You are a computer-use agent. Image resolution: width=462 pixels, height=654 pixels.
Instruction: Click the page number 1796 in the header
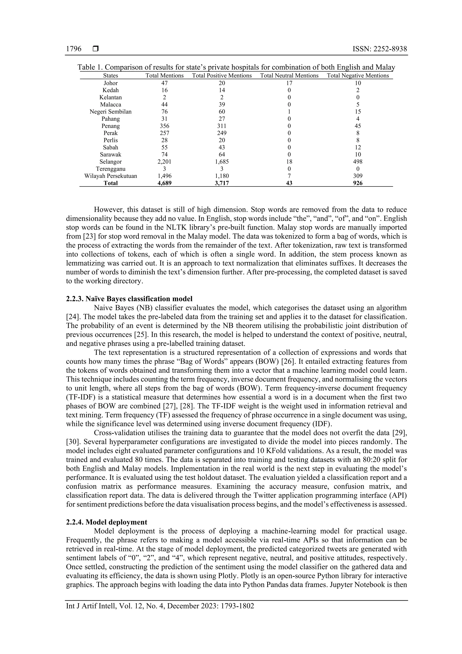click(x=74, y=49)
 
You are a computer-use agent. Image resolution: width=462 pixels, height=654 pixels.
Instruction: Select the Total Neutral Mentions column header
click(x=289, y=75)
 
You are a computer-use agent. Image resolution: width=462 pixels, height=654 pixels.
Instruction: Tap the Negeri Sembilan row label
click(x=111, y=112)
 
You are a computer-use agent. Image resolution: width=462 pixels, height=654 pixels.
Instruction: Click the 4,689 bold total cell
click(x=164, y=183)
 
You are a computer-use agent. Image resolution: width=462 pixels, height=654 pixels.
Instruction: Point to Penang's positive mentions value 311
click(x=222, y=126)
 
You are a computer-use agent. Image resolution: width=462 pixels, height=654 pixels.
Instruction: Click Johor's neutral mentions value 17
click(x=289, y=83)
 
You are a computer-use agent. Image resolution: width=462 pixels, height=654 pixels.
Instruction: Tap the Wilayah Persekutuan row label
click(x=111, y=176)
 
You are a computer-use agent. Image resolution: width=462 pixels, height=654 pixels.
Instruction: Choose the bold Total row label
click(x=111, y=183)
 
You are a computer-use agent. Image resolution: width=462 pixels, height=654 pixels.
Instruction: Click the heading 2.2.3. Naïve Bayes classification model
click(x=129, y=299)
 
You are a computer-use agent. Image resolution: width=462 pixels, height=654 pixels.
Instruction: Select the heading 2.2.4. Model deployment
click(x=106, y=522)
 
